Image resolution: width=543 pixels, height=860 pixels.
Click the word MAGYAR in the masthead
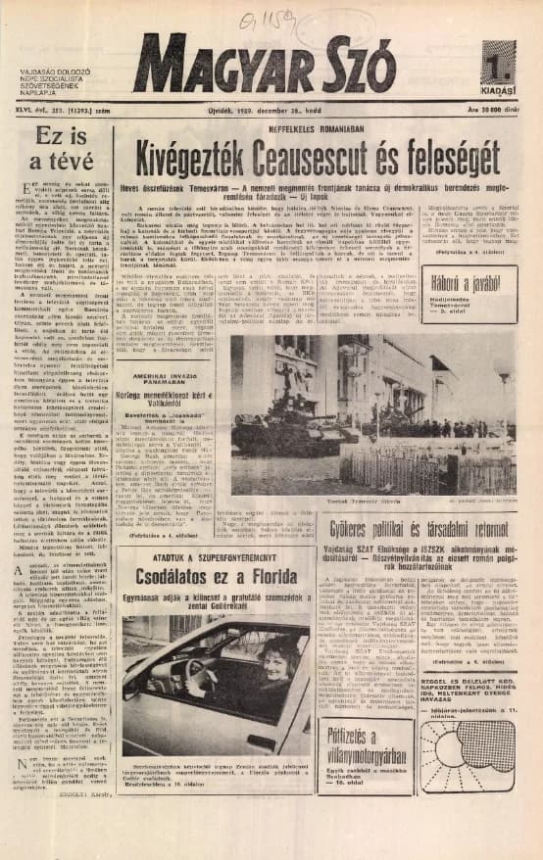(x=225, y=64)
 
